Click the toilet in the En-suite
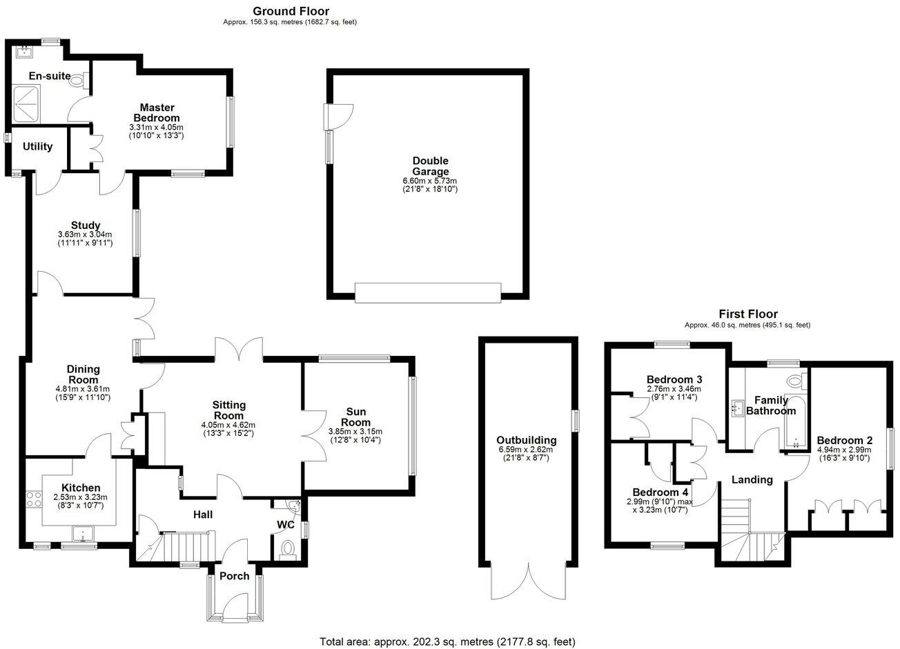(79, 80)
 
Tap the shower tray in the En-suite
(26, 104)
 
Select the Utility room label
(37, 147)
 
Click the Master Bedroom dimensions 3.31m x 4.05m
(156, 128)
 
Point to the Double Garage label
(430, 166)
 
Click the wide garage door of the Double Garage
(428, 292)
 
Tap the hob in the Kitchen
(34, 499)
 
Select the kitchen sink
(83, 534)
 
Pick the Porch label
(234, 577)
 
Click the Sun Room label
(356, 417)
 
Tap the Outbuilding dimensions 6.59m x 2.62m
(527, 450)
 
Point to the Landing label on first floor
(752, 480)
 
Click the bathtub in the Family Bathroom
(796, 422)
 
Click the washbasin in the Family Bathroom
(738, 408)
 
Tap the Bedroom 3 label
(674, 379)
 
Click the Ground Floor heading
(291, 11)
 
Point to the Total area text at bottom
(448, 642)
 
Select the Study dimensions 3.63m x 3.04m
(85, 234)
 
